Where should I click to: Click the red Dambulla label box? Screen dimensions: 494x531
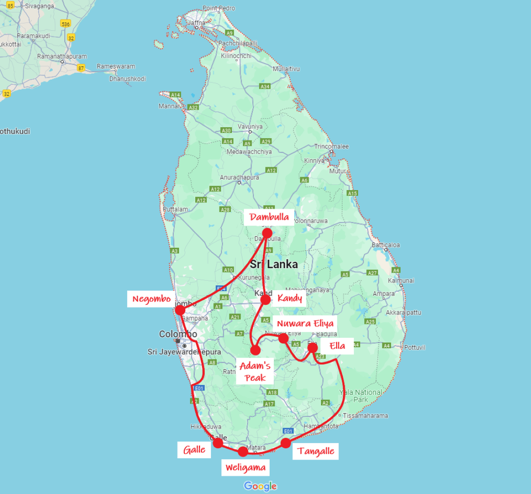[269, 217]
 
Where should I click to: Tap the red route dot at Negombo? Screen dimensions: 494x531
[180, 310]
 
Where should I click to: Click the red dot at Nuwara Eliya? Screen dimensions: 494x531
[284, 338]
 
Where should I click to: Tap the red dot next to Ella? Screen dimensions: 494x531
[313, 348]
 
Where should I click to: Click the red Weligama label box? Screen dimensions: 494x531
[246, 466]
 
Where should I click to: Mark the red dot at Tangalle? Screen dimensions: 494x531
[286, 443]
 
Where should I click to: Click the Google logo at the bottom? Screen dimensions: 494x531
[260, 486]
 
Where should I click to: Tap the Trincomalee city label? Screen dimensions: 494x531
[332, 146]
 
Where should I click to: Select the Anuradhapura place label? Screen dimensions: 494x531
[239, 177]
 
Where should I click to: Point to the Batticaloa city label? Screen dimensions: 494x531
[386, 245]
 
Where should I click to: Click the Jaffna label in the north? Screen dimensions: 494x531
[197, 22]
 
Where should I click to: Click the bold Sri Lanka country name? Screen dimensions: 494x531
[274, 264]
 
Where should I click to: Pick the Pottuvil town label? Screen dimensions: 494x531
[416, 347]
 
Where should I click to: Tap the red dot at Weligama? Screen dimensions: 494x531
[243, 452]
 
